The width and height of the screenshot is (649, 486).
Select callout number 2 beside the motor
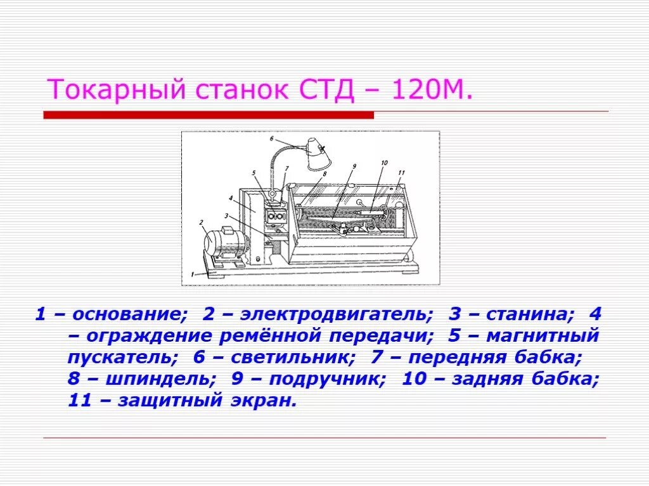(x=201, y=222)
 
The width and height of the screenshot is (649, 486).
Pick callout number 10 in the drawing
(x=384, y=163)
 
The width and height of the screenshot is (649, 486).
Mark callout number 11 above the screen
(x=401, y=172)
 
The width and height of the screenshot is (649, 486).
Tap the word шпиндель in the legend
(x=169, y=379)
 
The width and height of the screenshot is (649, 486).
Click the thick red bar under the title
(x=209, y=115)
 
